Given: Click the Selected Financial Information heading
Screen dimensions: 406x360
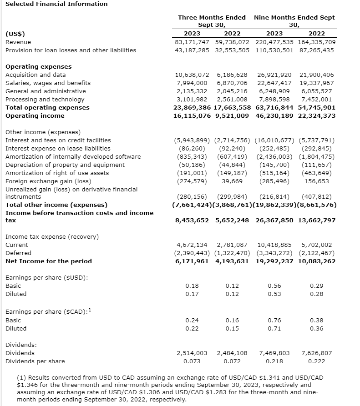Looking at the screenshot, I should coord(56,4).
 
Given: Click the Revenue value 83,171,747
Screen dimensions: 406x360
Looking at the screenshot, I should coord(192,42).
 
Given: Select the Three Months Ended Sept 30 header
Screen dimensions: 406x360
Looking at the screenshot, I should coord(212,21).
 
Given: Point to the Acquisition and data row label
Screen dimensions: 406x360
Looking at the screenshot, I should coord(35,75).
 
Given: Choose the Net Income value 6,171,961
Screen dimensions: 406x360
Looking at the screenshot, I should coord(192,261).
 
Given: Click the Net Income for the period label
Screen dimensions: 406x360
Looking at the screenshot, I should coord(49,261).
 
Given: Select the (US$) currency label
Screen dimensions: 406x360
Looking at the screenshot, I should coord(15,34).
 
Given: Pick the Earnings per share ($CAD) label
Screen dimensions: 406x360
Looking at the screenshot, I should coord(47,312).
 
